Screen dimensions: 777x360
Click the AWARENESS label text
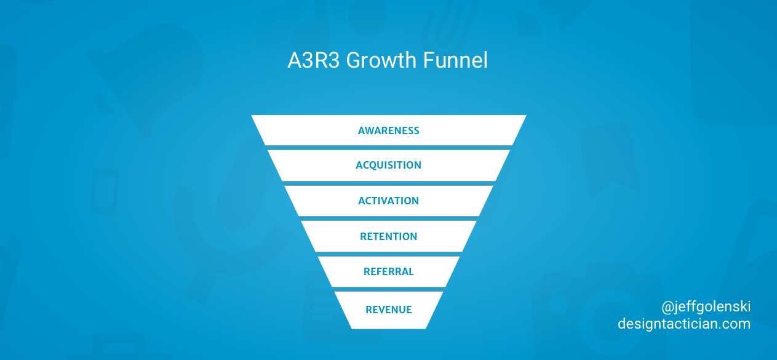[x=389, y=130]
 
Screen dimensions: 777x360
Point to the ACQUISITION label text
[x=389, y=165]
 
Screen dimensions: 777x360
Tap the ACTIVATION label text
[x=389, y=201]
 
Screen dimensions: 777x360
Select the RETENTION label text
[x=389, y=236]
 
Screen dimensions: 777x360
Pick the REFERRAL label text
[x=389, y=271]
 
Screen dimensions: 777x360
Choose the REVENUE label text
[x=389, y=310]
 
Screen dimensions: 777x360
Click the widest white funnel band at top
[x=308, y=130]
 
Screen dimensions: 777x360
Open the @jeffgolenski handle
[x=706, y=306]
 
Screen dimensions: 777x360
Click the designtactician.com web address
[x=684, y=324]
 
